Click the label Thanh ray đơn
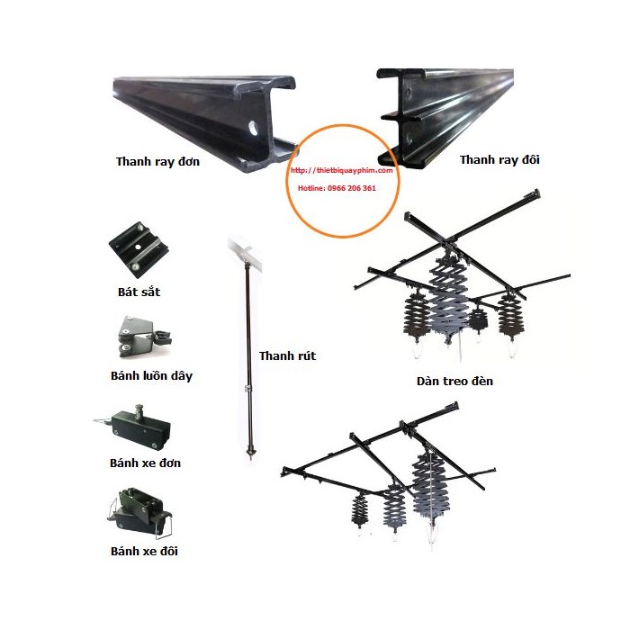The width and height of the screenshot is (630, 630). tap(157, 163)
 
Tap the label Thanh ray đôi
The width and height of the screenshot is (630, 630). tap(492, 160)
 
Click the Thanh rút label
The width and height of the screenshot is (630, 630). tap(288, 356)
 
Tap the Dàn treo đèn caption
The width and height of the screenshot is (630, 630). tap(455, 382)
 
